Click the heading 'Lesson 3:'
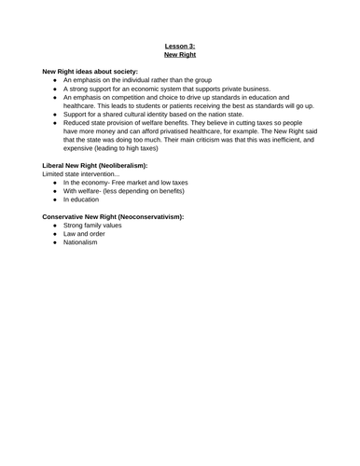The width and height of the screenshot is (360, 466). coord(180,46)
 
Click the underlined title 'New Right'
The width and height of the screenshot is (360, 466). coord(180,55)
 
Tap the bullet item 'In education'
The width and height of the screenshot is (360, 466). coord(85,200)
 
